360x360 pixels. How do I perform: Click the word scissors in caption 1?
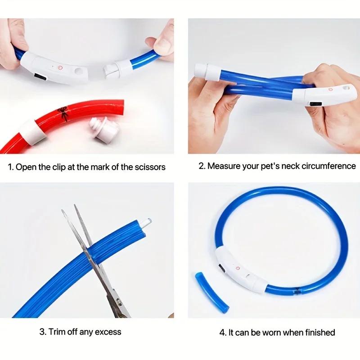coord(149,167)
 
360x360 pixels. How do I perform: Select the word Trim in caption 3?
coord(58,332)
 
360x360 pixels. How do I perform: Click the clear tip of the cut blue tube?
coord(147,222)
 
